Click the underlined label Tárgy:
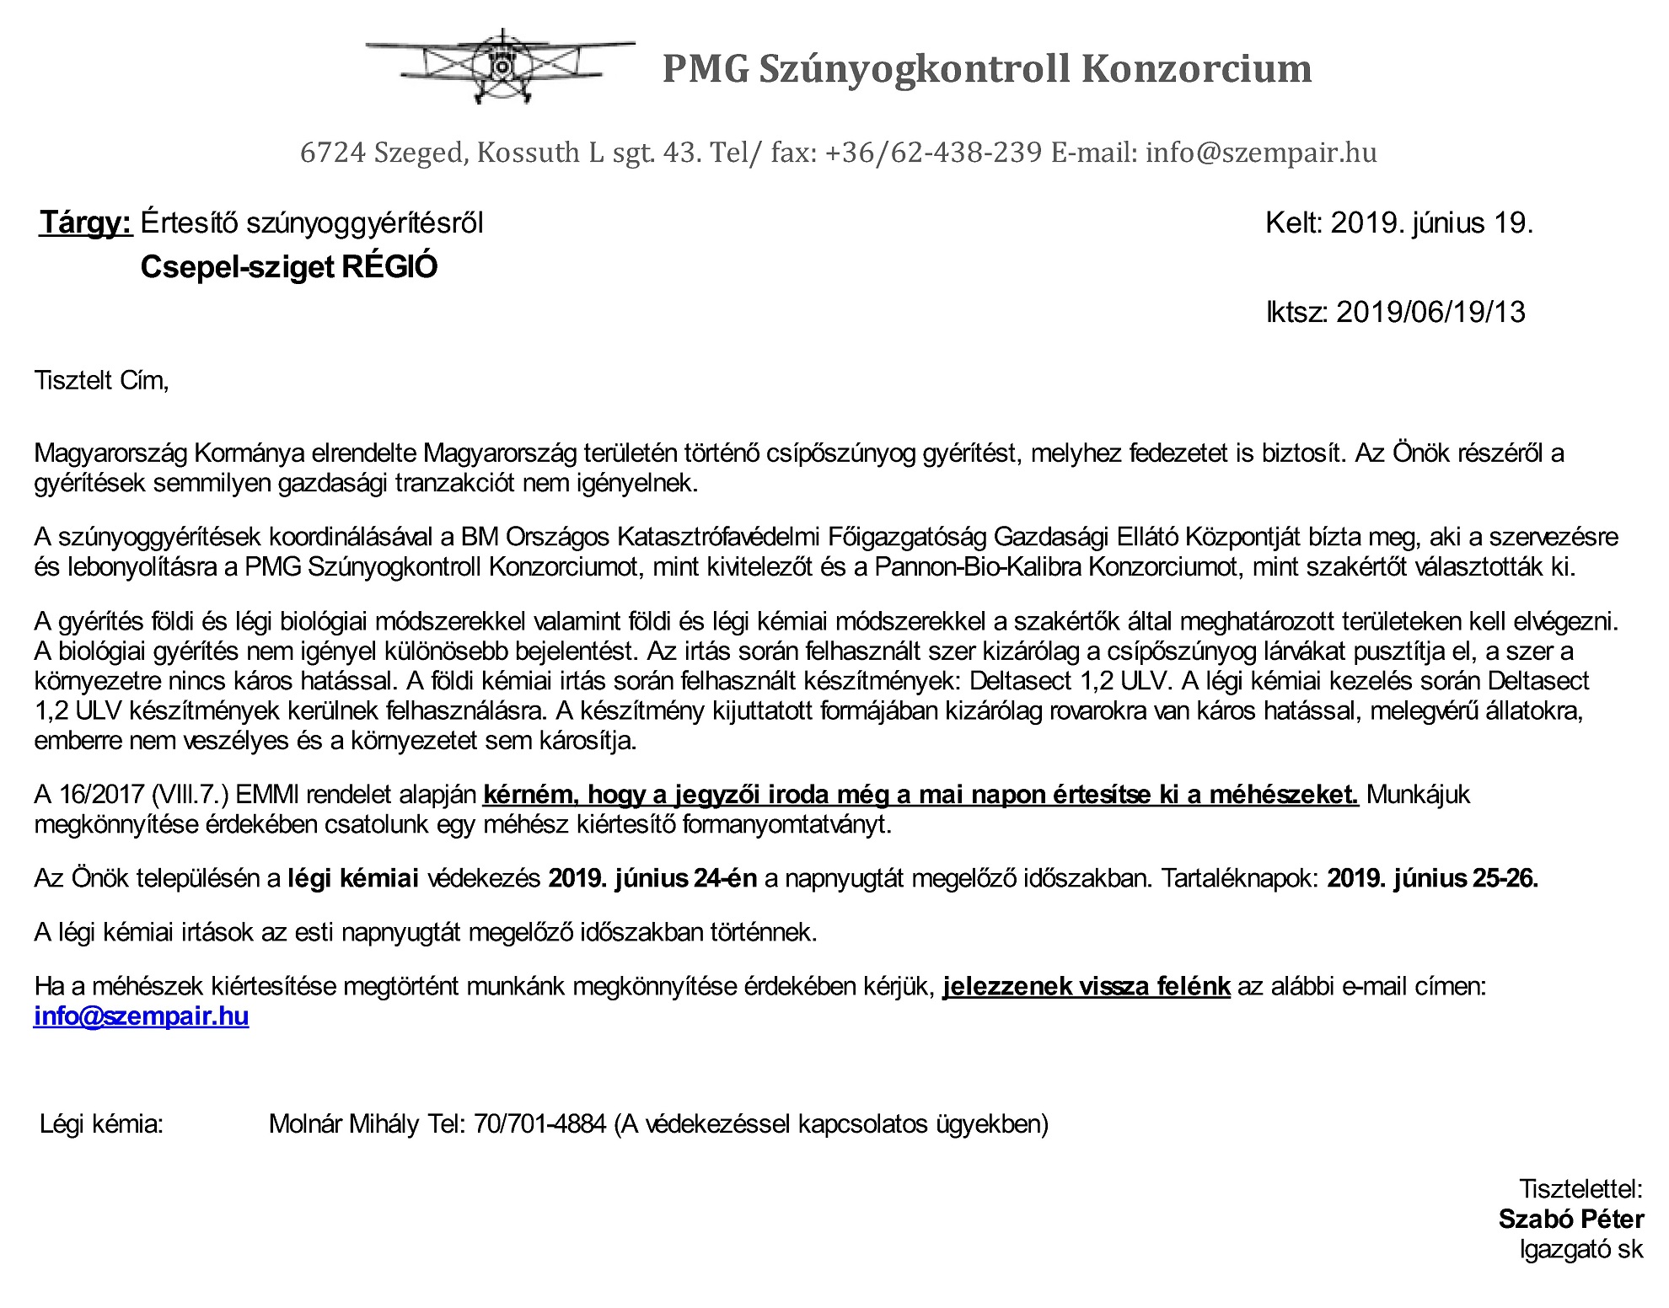(86, 223)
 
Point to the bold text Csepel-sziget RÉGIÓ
(289, 267)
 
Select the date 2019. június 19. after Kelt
(1431, 223)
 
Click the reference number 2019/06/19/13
(1430, 313)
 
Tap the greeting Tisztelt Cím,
(102, 381)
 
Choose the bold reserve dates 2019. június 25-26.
(1432, 879)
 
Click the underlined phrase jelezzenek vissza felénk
(1086, 986)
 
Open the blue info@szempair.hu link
(141, 1016)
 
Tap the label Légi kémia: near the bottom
(101, 1124)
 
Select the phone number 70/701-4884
(539, 1124)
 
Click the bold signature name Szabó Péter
(1570, 1220)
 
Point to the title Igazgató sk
(1581, 1249)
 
